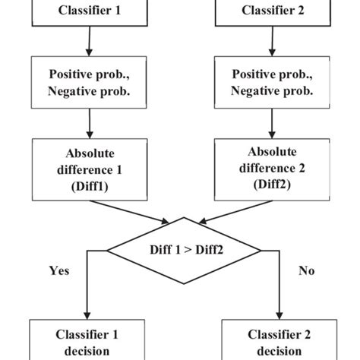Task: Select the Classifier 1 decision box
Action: pyautogui.click(x=87, y=342)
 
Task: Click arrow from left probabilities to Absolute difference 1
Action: pyautogui.click(x=90, y=122)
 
